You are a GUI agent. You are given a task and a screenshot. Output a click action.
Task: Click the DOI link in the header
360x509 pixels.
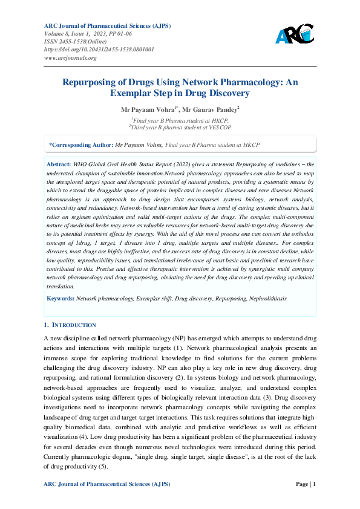99,50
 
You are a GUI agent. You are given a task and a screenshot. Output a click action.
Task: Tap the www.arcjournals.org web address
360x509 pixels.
71,58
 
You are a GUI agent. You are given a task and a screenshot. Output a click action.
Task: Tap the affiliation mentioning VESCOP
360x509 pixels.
179,127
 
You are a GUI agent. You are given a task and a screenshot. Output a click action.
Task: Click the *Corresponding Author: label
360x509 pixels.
81,145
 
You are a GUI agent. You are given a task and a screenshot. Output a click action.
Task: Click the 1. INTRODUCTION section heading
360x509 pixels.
70,325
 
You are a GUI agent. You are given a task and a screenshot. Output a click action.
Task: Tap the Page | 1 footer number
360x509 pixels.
305,484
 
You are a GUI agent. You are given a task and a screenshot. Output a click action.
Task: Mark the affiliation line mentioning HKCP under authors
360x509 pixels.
180,120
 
